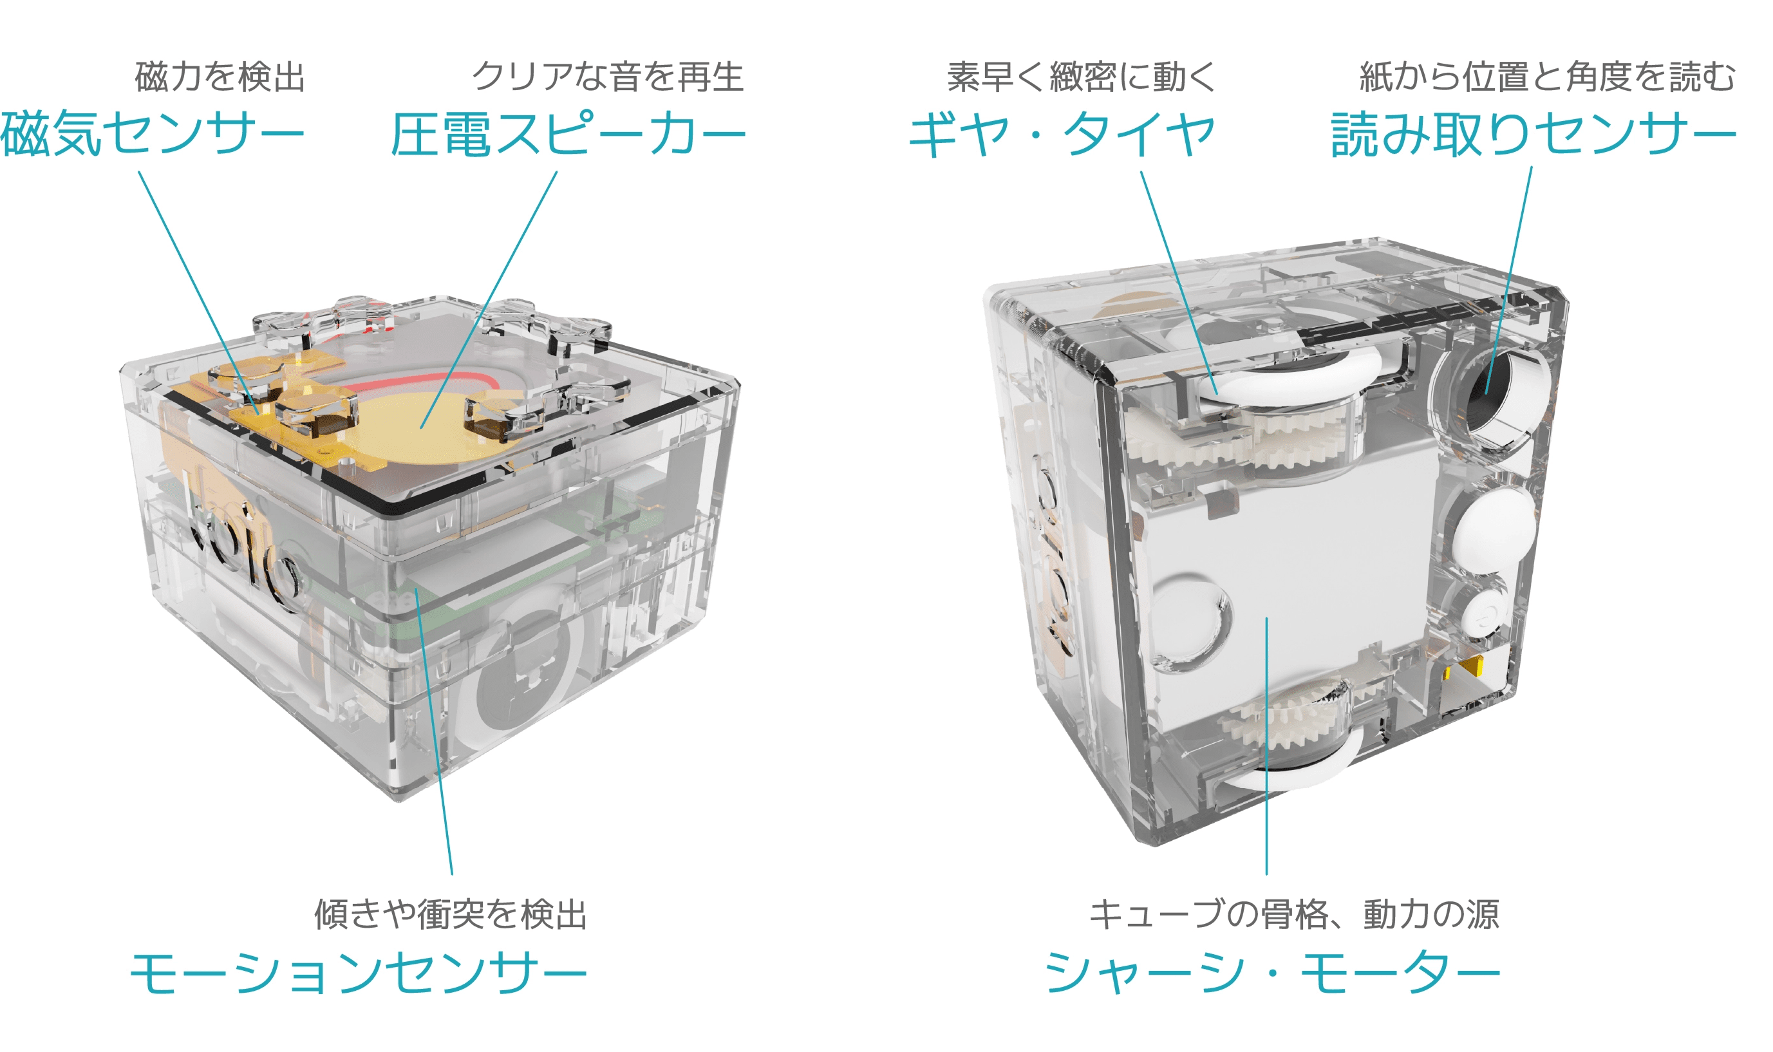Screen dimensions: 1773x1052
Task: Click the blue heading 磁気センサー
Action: (153, 134)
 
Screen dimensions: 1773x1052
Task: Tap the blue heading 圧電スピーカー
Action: (568, 134)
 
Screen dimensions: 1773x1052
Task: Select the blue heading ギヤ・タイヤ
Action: (1062, 134)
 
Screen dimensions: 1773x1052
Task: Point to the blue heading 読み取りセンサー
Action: (1534, 134)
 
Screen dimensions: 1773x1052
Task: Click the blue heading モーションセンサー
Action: (358, 973)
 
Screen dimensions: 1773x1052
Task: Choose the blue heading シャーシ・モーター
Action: (1272, 973)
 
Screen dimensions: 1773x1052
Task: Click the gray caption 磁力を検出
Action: (220, 77)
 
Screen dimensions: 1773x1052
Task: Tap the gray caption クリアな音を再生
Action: (608, 77)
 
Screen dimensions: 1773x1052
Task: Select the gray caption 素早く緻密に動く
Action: (1082, 77)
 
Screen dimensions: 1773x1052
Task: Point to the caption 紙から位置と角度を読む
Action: (1548, 77)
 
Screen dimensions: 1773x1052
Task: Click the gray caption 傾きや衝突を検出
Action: (451, 914)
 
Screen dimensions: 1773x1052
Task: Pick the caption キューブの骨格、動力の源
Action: (1294, 914)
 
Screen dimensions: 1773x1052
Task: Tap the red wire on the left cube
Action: (425, 379)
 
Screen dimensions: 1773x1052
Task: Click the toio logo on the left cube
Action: (241, 546)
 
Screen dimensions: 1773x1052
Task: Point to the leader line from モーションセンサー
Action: (434, 731)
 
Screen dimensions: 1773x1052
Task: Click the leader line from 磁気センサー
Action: (198, 292)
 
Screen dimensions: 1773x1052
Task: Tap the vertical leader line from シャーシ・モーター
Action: (1266, 746)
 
